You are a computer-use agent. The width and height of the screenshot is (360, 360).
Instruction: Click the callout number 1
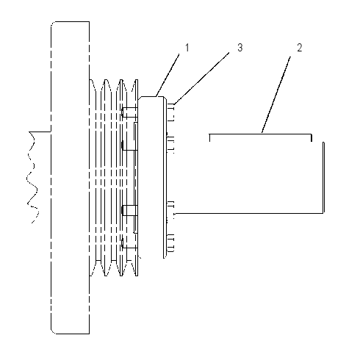(187, 48)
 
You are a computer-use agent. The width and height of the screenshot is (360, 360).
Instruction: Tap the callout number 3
(240, 48)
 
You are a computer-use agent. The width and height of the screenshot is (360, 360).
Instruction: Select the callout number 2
(300, 48)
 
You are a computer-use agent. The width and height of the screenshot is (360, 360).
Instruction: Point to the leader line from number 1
(168, 76)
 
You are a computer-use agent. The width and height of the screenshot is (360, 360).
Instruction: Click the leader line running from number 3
(202, 79)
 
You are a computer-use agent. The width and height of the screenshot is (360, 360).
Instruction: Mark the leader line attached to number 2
(276, 95)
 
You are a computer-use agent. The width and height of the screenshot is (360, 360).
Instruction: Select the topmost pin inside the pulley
(129, 112)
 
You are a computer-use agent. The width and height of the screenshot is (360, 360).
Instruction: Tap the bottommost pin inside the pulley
(129, 243)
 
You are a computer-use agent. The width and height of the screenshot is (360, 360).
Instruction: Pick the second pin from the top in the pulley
(129, 145)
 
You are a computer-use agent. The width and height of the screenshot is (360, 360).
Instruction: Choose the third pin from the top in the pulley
(129, 210)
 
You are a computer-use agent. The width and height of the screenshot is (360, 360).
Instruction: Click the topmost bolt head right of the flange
(171, 112)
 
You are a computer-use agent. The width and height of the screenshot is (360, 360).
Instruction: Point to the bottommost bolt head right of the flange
(171, 243)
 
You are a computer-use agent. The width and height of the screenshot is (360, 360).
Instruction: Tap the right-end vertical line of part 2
(323, 178)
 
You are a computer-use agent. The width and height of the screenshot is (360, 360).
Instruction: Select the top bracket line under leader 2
(261, 134)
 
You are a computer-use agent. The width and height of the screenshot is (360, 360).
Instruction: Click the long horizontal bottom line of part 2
(248, 214)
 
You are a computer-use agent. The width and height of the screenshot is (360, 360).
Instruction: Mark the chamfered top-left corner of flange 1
(140, 98)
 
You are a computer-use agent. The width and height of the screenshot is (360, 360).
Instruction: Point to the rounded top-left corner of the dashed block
(53, 24)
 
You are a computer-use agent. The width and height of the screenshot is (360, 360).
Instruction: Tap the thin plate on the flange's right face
(165, 177)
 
